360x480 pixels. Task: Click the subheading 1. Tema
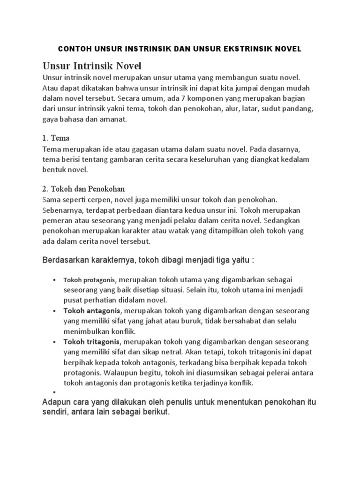pos(56,138)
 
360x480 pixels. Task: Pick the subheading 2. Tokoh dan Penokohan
pos(83,189)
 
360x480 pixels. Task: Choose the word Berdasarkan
pos(66,260)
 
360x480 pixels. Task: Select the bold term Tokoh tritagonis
pos(92,342)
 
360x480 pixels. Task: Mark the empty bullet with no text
pos(54,393)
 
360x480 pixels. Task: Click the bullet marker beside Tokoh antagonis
pos(54,311)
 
